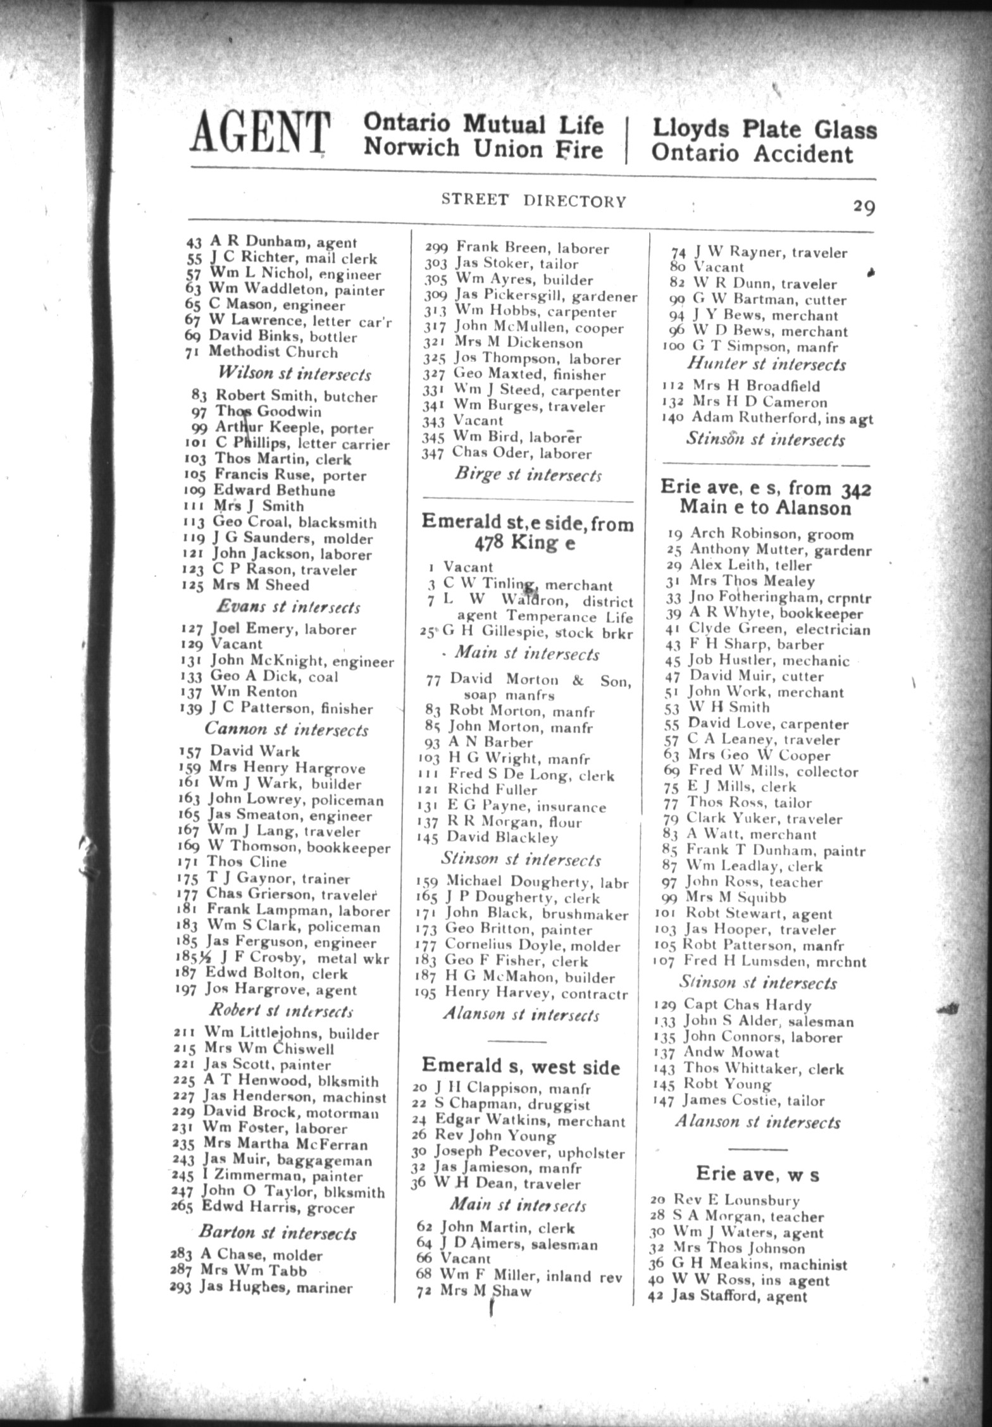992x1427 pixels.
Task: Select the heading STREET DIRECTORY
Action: [x=533, y=201]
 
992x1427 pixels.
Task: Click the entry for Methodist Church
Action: [x=273, y=352]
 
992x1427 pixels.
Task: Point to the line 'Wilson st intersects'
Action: [x=294, y=374]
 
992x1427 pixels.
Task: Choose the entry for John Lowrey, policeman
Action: [x=295, y=800]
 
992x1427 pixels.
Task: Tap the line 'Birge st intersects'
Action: [x=528, y=475]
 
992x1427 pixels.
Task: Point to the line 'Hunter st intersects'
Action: [x=766, y=364]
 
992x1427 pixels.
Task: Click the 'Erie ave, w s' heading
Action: [x=757, y=1174]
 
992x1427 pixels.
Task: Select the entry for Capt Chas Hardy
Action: [x=747, y=1005]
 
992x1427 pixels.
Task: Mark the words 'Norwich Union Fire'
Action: [x=484, y=149]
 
